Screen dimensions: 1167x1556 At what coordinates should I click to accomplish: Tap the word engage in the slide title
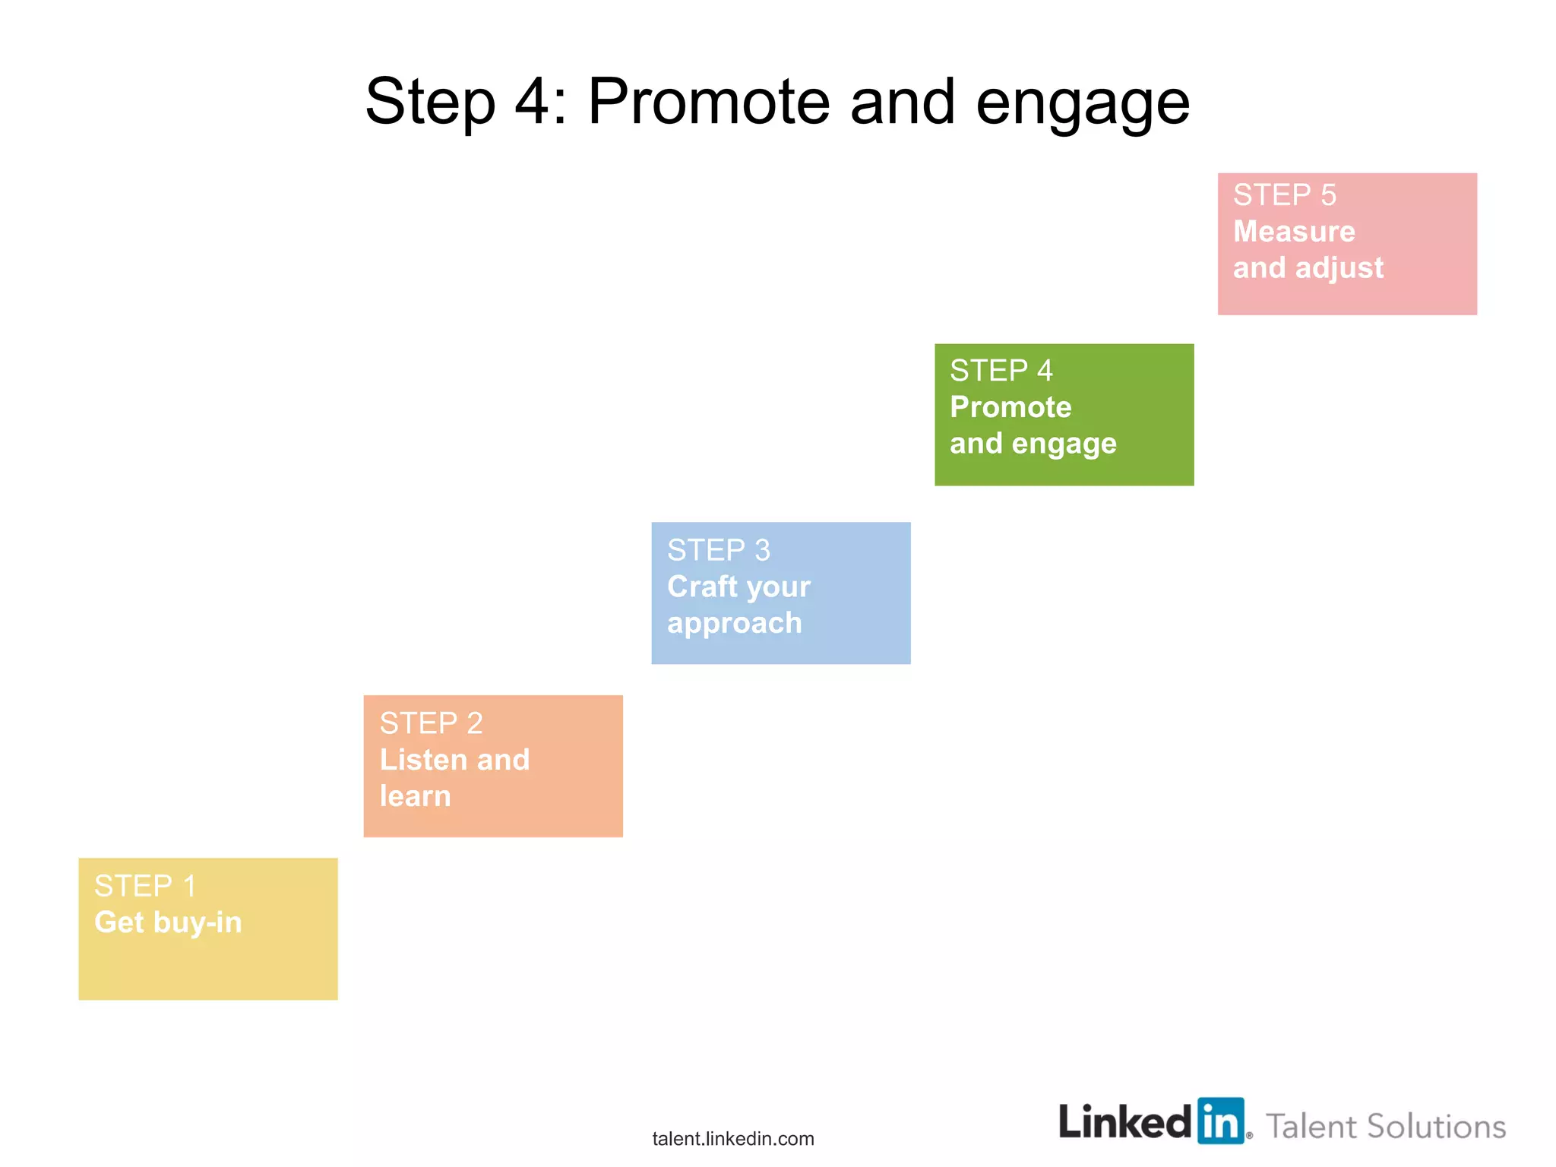[x=1082, y=105]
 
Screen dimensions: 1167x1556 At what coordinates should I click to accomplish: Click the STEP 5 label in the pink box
[x=1284, y=195]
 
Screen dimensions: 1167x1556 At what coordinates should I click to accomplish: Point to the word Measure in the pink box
[x=1293, y=231]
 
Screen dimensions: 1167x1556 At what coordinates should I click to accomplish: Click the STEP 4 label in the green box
[x=1001, y=371]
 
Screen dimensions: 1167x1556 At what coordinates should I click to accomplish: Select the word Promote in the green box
[x=1010, y=407]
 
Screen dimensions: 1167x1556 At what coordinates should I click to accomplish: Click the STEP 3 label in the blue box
[x=718, y=550]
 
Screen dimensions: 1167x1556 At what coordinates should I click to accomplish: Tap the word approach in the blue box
[x=734, y=624]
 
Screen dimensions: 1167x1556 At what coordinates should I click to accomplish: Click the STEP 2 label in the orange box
[x=431, y=723]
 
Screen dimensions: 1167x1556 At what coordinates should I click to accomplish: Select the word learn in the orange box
[x=415, y=796]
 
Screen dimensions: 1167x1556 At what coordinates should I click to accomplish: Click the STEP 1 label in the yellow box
[x=144, y=886]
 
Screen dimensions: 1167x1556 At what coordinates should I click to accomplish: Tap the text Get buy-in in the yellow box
[x=168, y=922]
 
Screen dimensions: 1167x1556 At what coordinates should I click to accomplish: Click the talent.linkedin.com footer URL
[x=732, y=1138]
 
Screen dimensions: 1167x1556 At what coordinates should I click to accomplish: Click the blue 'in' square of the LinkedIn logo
[x=1221, y=1121]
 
